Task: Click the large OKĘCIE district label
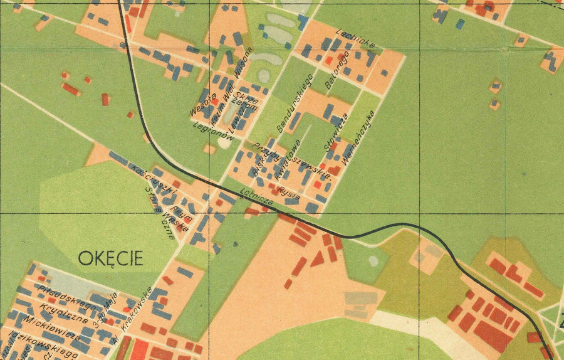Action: pos(111,257)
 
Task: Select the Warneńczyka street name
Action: pos(360,133)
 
